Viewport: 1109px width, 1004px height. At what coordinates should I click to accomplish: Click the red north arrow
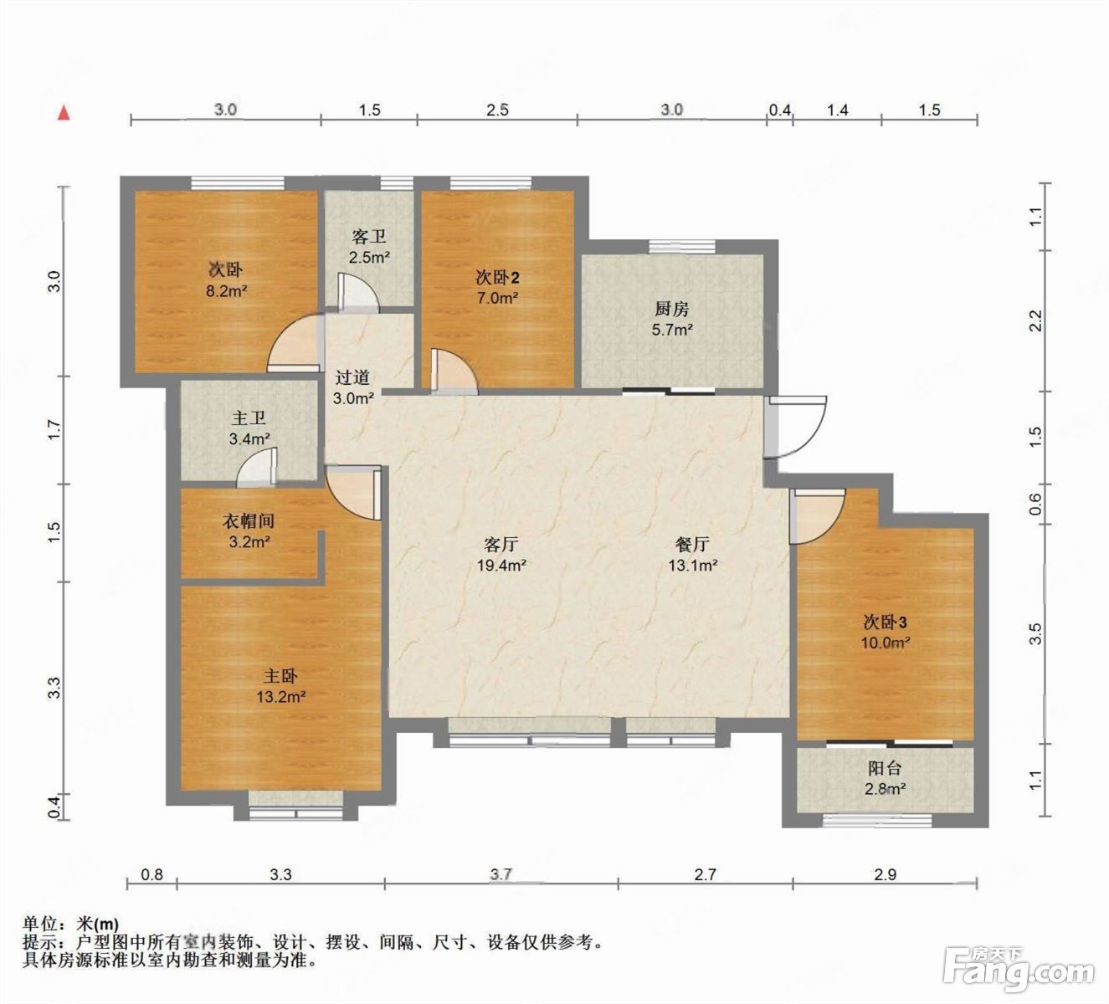click(x=65, y=113)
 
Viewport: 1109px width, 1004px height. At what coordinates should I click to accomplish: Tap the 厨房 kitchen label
click(x=672, y=309)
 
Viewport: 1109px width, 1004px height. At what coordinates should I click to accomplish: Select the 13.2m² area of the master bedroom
click(x=281, y=697)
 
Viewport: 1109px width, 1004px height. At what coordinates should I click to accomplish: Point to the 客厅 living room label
click(x=501, y=545)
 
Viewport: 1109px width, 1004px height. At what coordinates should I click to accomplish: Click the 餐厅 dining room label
click(x=692, y=545)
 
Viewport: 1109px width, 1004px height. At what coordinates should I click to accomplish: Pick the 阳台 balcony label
click(x=885, y=768)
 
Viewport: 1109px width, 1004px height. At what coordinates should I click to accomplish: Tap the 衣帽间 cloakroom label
click(x=249, y=520)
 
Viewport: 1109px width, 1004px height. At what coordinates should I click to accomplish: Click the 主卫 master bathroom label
click(x=249, y=418)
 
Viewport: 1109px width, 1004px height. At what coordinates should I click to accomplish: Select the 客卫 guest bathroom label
click(x=369, y=237)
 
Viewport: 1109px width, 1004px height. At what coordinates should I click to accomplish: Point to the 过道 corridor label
click(x=352, y=377)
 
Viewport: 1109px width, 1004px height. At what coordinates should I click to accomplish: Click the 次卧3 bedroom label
click(x=885, y=622)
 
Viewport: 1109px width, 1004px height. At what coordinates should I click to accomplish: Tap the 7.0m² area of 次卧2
click(x=497, y=298)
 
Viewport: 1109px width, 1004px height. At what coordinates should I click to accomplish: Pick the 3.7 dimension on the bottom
click(x=501, y=874)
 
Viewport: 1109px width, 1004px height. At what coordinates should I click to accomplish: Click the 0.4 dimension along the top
click(x=779, y=110)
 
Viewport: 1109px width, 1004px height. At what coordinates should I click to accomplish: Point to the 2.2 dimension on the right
click(x=1035, y=320)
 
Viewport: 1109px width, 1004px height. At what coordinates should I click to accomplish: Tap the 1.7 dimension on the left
click(x=54, y=429)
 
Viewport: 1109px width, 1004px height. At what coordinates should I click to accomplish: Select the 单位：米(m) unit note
click(x=71, y=924)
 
